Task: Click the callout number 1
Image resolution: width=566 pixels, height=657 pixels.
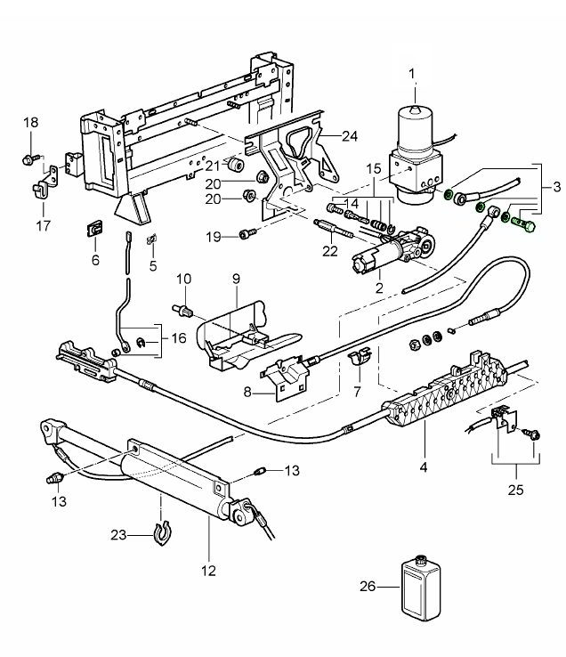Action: [412, 73]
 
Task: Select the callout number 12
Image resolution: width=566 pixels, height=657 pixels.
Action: [209, 571]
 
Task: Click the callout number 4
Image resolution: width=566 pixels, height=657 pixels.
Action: [424, 465]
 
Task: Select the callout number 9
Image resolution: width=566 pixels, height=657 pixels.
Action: [236, 279]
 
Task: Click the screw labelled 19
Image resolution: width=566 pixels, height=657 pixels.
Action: [245, 235]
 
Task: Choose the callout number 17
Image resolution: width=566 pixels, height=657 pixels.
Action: [43, 224]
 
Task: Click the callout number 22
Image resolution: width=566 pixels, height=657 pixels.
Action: [329, 252]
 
